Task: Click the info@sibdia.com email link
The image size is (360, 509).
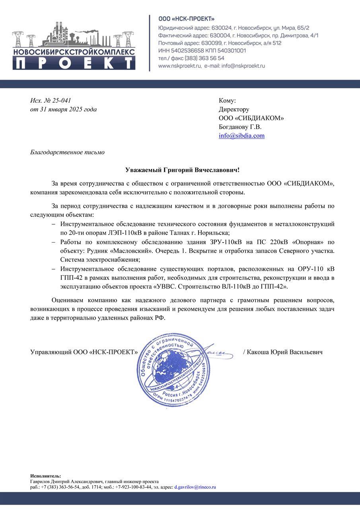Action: point(241,136)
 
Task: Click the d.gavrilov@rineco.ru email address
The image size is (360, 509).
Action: point(195,487)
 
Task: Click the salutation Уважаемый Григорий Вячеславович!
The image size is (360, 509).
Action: point(183,170)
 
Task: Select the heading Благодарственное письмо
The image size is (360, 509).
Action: point(68,152)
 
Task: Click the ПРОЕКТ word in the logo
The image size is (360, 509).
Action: point(74,63)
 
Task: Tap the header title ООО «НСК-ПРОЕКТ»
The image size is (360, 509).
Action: point(186,19)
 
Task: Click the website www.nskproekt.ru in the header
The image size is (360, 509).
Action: point(179,66)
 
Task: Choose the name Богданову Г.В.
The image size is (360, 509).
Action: point(240,127)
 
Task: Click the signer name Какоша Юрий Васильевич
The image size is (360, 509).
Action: point(284,352)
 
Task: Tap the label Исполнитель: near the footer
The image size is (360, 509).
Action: point(46,476)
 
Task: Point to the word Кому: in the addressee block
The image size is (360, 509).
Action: point(227,101)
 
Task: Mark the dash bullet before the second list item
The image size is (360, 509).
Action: point(53,242)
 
